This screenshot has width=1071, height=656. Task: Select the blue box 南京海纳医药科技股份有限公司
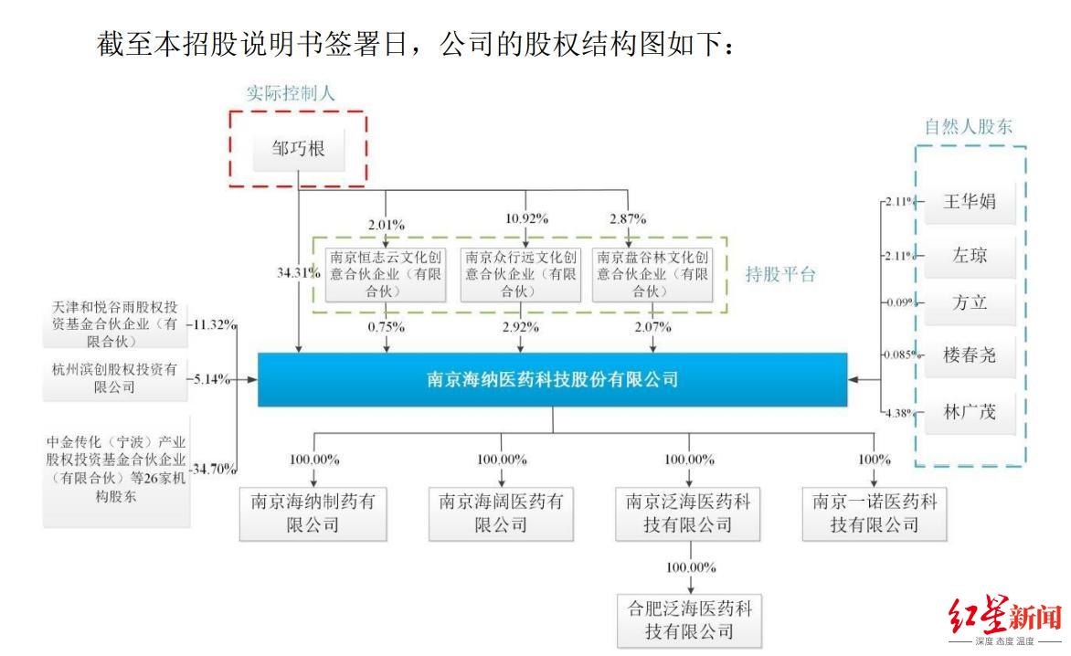click(552, 378)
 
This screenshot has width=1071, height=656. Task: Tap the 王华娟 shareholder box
click(970, 202)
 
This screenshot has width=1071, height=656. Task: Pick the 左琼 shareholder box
click(970, 255)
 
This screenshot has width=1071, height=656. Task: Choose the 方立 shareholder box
click(970, 302)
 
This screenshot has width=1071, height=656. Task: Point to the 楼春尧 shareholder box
click(970, 354)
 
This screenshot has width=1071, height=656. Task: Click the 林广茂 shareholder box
click(970, 412)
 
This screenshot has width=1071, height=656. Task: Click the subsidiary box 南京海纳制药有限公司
click(313, 513)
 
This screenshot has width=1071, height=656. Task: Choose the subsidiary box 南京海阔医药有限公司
click(501, 513)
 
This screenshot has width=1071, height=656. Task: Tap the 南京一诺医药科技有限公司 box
click(875, 513)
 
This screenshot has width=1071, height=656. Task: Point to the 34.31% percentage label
click(298, 272)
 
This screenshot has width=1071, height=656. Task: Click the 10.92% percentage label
click(526, 218)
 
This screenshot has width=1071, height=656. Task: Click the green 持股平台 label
click(779, 275)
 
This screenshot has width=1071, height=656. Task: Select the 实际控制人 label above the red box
click(291, 93)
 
